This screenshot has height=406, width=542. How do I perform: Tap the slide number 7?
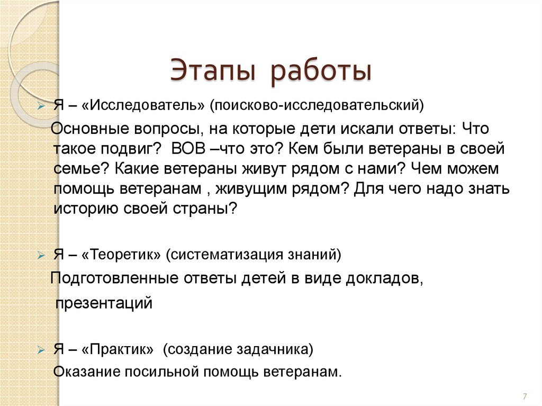(525, 396)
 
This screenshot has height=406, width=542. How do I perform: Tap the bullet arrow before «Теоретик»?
(42, 256)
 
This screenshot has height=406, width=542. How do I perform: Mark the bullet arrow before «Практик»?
(42, 350)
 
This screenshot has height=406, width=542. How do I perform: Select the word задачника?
(277, 349)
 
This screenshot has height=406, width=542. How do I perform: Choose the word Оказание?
(87, 371)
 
